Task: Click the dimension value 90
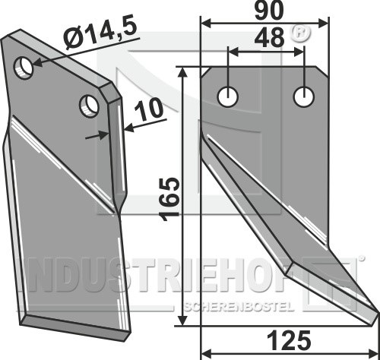[269, 11]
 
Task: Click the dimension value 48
[269, 38]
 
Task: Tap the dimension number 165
[169, 199]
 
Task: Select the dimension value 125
[289, 340]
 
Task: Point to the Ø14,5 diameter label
[100, 33]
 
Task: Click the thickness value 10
[148, 109]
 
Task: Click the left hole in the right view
[228, 96]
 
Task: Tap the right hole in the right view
[304, 96]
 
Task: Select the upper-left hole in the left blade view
[24, 68]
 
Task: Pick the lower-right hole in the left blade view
[89, 106]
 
